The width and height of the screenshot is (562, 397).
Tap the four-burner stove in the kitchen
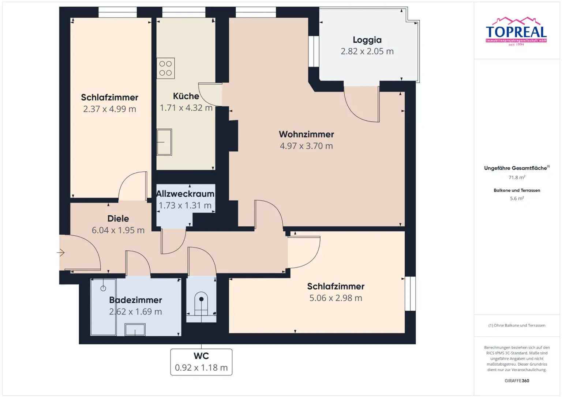click(165, 68)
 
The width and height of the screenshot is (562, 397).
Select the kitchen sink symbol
click(164, 142)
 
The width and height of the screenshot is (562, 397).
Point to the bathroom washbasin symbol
click(135, 330)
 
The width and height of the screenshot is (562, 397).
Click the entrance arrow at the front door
click(61, 253)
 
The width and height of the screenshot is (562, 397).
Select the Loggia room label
click(367, 40)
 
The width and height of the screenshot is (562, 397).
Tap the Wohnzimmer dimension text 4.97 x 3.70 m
click(306, 146)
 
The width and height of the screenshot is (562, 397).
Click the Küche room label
click(186, 96)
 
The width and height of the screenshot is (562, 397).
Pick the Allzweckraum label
click(185, 194)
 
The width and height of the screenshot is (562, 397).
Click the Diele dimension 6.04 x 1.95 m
click(118, 230)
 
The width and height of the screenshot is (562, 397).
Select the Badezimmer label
click(135, 300)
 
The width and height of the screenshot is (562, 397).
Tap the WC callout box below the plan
click(201, 362)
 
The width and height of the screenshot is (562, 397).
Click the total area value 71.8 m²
click(517, 177)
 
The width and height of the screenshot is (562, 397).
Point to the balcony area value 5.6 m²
click(517, 198)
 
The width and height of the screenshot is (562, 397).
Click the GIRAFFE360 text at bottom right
click(517, 381)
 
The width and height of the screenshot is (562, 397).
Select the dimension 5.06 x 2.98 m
click(336, 298)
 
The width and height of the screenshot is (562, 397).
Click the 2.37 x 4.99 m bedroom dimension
click(109, 109)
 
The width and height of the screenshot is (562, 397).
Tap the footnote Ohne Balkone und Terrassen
click(517, 325)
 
